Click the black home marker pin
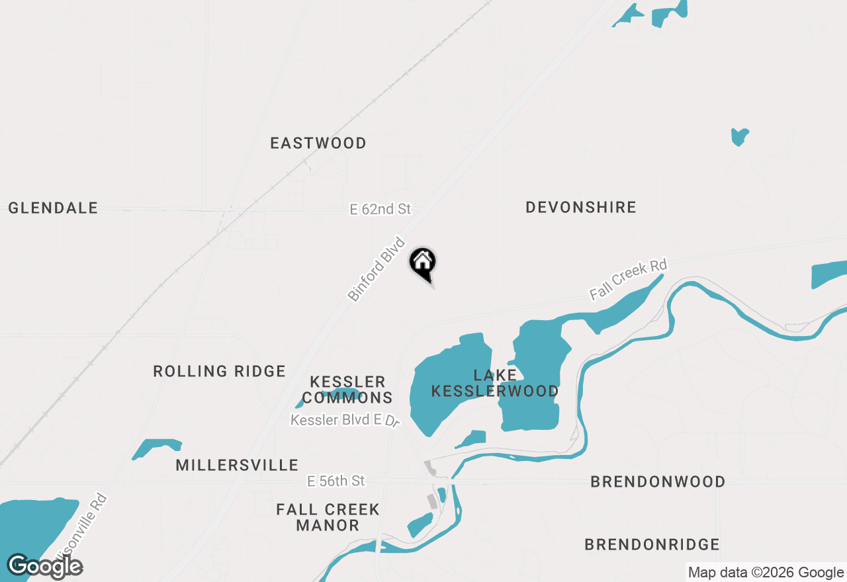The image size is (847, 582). [422, 263]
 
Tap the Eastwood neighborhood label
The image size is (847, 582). [318, 143]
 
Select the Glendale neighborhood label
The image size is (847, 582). [53, 208]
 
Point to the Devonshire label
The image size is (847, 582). [581, 207]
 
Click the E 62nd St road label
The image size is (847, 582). [380, 209]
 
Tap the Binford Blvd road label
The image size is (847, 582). [376, 269]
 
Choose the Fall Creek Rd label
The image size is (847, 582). [628, 279]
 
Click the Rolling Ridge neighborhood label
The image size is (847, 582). [220, 371]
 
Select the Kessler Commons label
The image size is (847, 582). [348, 390]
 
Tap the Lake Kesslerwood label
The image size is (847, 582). [495, 383]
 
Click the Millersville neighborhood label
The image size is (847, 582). [237, 465]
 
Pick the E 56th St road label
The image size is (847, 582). [336, 481]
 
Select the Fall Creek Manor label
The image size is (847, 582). [328, 517]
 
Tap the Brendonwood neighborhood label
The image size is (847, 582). [658, 481]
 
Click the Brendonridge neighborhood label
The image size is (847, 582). [652, 544]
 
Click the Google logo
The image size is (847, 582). [45, 566]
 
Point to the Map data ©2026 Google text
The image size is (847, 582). [766, 573]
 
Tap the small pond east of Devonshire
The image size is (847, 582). [739, 136]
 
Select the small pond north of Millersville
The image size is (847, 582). [157, 448]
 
